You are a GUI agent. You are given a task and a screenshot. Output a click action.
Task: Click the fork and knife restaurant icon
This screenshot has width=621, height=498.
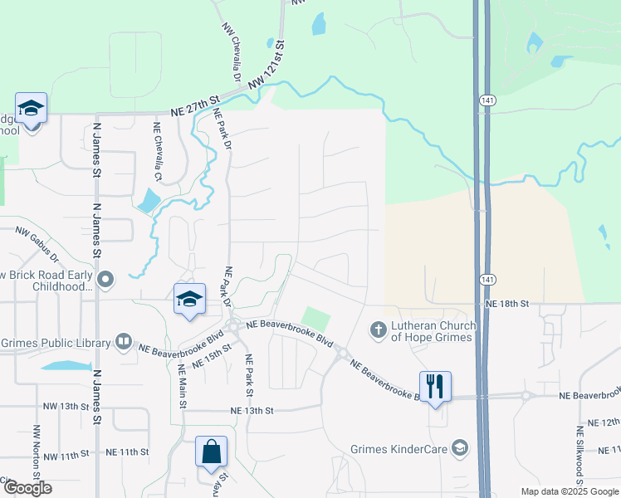pos(435,386)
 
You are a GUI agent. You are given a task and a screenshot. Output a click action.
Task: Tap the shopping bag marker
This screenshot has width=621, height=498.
pos(212,452)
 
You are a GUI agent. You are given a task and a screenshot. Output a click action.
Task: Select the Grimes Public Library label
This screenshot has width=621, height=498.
pos(56,343)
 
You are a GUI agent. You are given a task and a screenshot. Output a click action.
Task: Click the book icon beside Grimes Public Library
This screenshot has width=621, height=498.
pos(124,341)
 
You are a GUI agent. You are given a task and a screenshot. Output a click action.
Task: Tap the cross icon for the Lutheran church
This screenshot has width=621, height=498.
pos(378,330)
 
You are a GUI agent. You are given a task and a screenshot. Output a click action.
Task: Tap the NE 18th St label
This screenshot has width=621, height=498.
pos(507,305)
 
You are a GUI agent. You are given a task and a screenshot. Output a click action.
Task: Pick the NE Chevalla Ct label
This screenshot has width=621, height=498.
pos(157,152)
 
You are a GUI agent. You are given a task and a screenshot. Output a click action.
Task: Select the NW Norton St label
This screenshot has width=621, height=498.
pos(37,448)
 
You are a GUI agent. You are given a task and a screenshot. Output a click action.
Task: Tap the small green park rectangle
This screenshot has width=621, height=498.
pos(315,318)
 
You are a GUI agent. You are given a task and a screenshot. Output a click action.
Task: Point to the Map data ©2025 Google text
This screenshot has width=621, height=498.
pos(569,491)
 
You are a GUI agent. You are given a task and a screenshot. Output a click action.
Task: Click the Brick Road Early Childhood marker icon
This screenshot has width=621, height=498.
pos(105,279)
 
